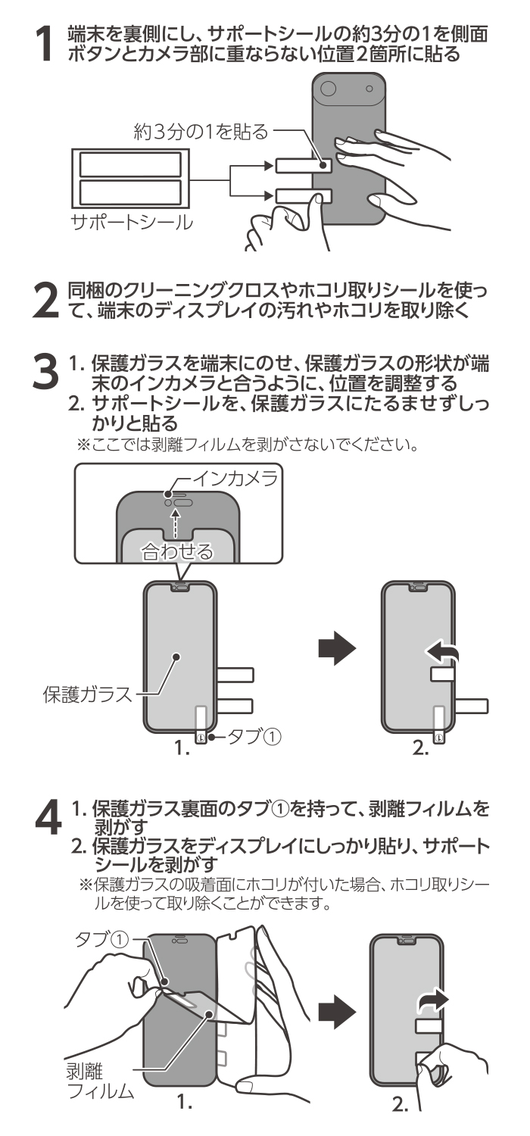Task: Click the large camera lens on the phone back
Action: [x=327, y=89]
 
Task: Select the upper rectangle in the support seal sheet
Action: [x=130, y=164]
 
